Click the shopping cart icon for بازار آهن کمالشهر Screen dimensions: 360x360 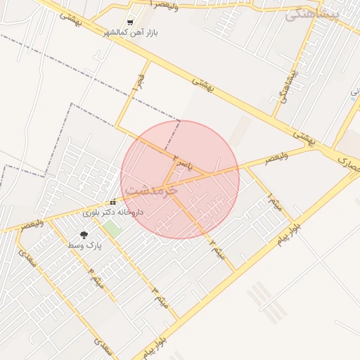[x=130, y=22]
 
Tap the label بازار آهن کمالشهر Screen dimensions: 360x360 [x=131, y=32]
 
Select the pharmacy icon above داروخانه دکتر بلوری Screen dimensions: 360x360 [x=112, y=202]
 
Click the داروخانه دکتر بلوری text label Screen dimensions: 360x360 [x=113, y=211]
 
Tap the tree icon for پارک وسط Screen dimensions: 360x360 [x=84, y=235]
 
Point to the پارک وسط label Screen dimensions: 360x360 [x=85, y=245]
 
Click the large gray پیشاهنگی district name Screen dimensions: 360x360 [x=313, y=13]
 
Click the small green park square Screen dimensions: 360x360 [x=112, y=229]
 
